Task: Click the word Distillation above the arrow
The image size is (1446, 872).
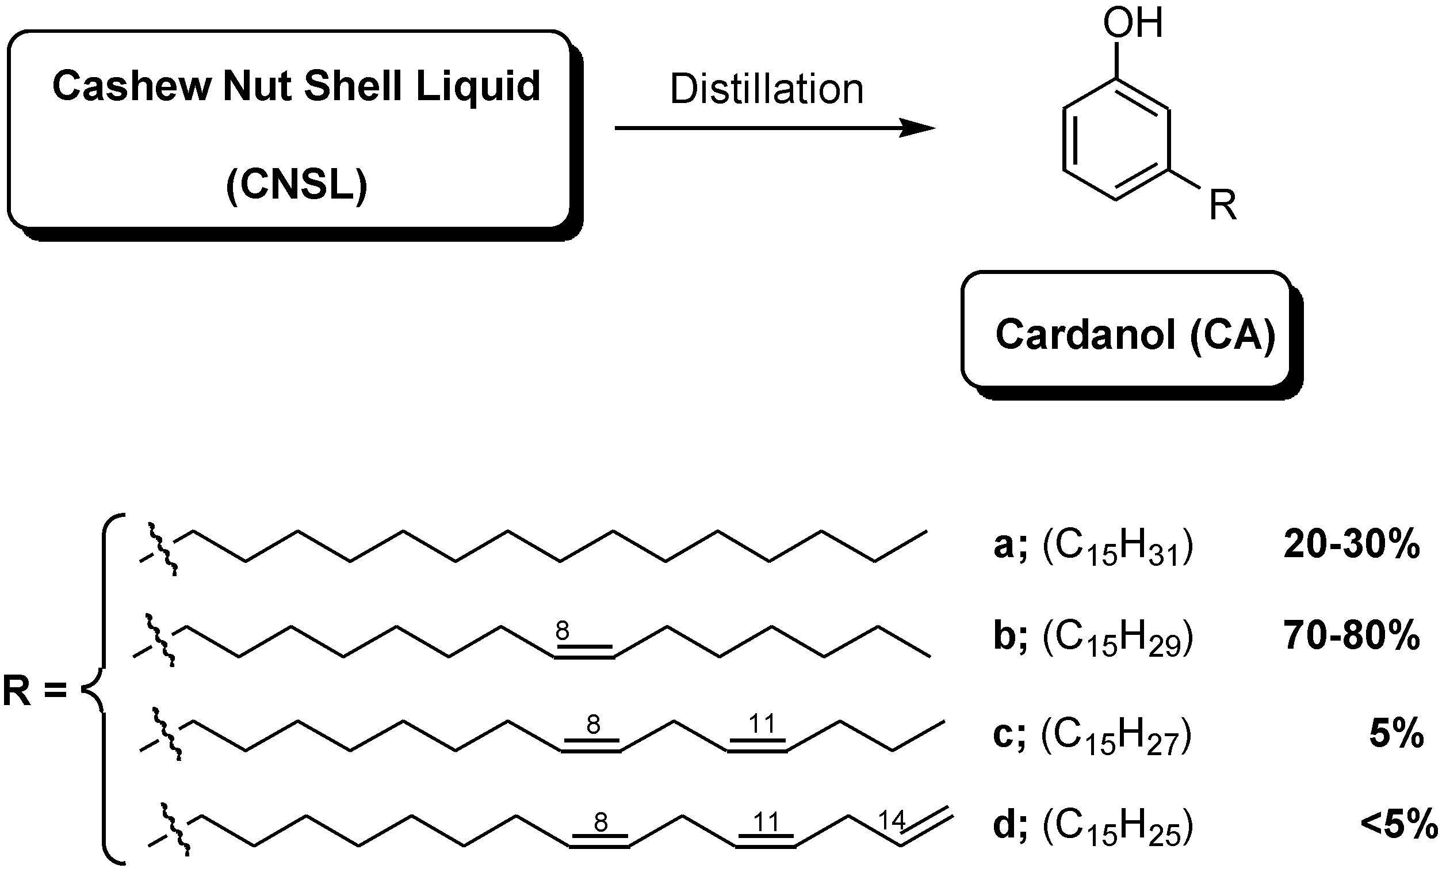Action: pyautogui.click(x=767, y=90)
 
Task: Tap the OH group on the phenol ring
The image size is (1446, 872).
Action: pyautogui.click(x=1133, y=24)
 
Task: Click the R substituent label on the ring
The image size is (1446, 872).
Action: pyautogui.click(x=1223, y=205)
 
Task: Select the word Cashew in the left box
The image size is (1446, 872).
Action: pyautogui.click(x=132, y=86)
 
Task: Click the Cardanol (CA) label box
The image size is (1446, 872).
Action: pyautogui.click(x=1135, y=335)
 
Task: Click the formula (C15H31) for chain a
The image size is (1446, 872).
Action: pyautogui.click(x=1118, y=548)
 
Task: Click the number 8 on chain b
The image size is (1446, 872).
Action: pyautogui.click(x=562, y=631)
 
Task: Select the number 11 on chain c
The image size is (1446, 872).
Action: pyautogui.click(x=762, y=724)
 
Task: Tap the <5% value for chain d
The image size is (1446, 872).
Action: pyautogui.click(x=1399, y=825)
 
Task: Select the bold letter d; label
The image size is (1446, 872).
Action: pyautogui.click(x=1009, y=825)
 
